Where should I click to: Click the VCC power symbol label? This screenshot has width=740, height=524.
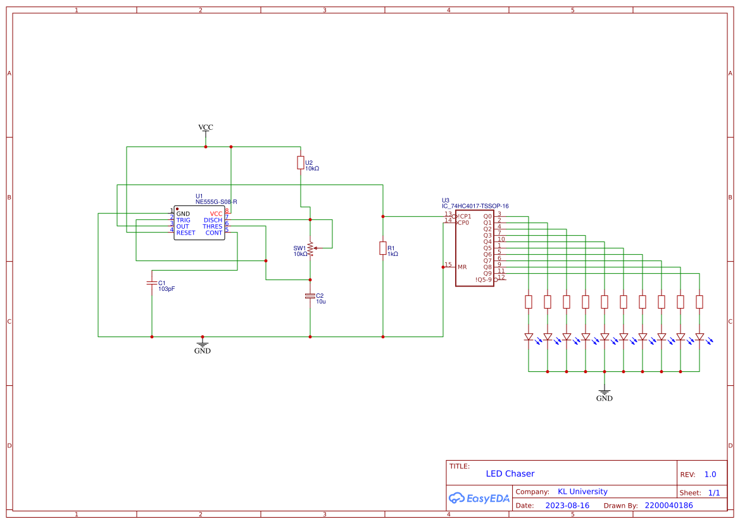tap(206, 127)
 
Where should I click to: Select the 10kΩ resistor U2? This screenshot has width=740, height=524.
tap(301, 163)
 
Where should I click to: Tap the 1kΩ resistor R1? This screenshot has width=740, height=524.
tap(383, 248)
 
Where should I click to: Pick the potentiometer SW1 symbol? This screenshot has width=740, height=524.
tap(310, 248)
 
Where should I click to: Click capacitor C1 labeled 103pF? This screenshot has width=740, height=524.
tap(152, 283)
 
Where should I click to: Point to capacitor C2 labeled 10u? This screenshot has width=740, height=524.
tap(310, 296)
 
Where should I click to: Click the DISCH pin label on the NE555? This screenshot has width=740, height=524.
tap(213, 220)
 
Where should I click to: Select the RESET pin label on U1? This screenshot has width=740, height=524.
tap(185, 233)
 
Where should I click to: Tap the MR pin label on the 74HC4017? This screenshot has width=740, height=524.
tap(462, 267)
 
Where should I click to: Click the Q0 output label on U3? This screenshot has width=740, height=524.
tap(487, 217)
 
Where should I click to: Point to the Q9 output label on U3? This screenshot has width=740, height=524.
tap(487, 273)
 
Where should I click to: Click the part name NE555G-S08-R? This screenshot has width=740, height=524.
tap(216, 202)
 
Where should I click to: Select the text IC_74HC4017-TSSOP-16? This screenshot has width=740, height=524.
tap(475, 206)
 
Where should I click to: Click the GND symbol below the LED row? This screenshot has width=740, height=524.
tap(605, 395)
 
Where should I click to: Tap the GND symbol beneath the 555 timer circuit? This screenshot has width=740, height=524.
tap(203, 347)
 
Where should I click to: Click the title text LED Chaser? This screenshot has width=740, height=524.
tap(510, 474)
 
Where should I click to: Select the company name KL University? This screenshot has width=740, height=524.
tap(582, 492)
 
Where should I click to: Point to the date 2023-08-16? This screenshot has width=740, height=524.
tap(567, 506)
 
